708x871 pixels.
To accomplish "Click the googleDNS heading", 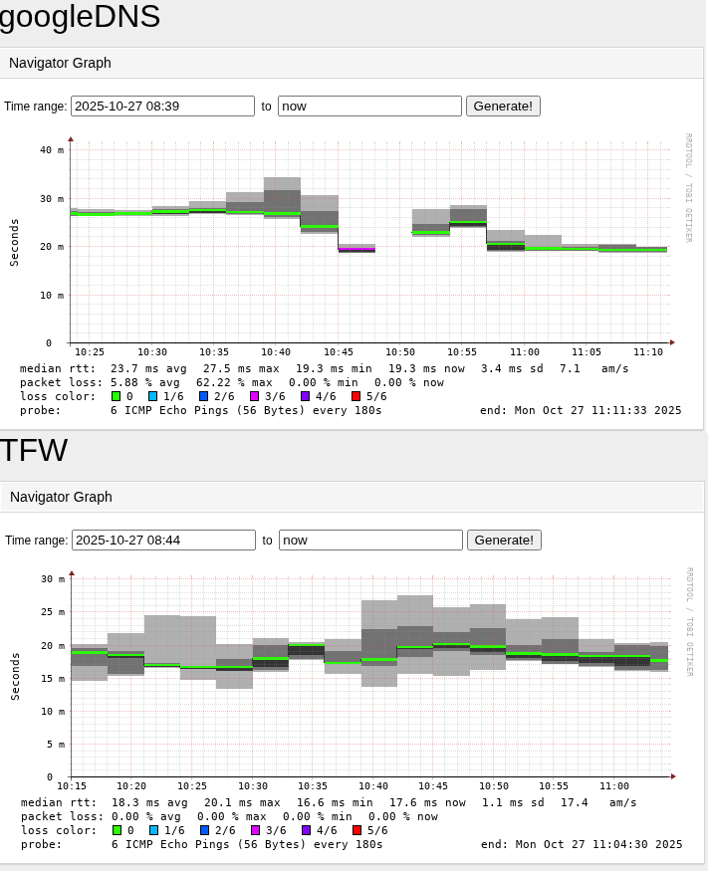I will tap(80, 17).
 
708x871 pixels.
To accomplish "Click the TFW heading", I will tap(34, 450).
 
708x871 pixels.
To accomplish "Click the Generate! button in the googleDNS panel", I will tap(503, 106).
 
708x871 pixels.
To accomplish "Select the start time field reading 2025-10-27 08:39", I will tap(163, 106).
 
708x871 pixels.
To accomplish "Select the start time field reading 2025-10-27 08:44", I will tap(163, 540).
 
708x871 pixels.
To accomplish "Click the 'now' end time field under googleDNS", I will tap(369, 106).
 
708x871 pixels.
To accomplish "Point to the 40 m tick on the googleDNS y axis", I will tap(53, 150).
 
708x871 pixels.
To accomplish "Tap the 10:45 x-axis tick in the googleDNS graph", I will tap(339, 351).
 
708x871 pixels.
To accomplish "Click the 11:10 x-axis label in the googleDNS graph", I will tap(648, 351).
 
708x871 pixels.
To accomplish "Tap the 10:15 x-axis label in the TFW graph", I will tap(72, 786).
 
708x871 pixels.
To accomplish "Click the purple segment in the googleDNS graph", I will tap(356, 250).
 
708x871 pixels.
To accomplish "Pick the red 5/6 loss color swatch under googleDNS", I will tap(356, 396).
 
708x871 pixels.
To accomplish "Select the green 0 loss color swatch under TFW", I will tap(117, 830).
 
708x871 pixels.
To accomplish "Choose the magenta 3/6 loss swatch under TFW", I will tap(256, 830).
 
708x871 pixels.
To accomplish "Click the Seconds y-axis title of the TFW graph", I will tap(15, 676).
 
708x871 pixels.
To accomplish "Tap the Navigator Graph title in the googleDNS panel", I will tap(60, 63).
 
